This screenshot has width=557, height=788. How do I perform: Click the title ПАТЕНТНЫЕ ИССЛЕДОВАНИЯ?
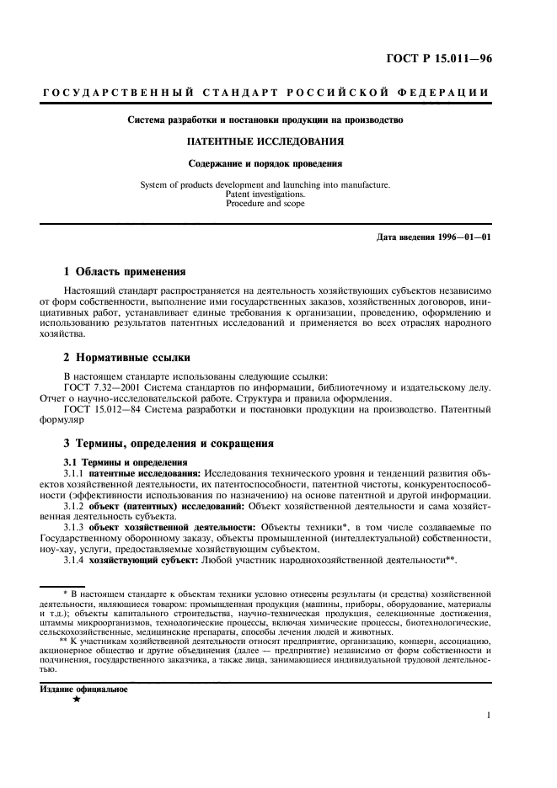(x=265, y=141)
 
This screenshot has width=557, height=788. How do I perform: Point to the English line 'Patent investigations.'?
(x=265, y=194)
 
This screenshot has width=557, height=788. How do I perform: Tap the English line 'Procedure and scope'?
(x=265, y=203)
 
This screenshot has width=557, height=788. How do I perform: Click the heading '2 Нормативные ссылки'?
(x=121, y=358)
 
